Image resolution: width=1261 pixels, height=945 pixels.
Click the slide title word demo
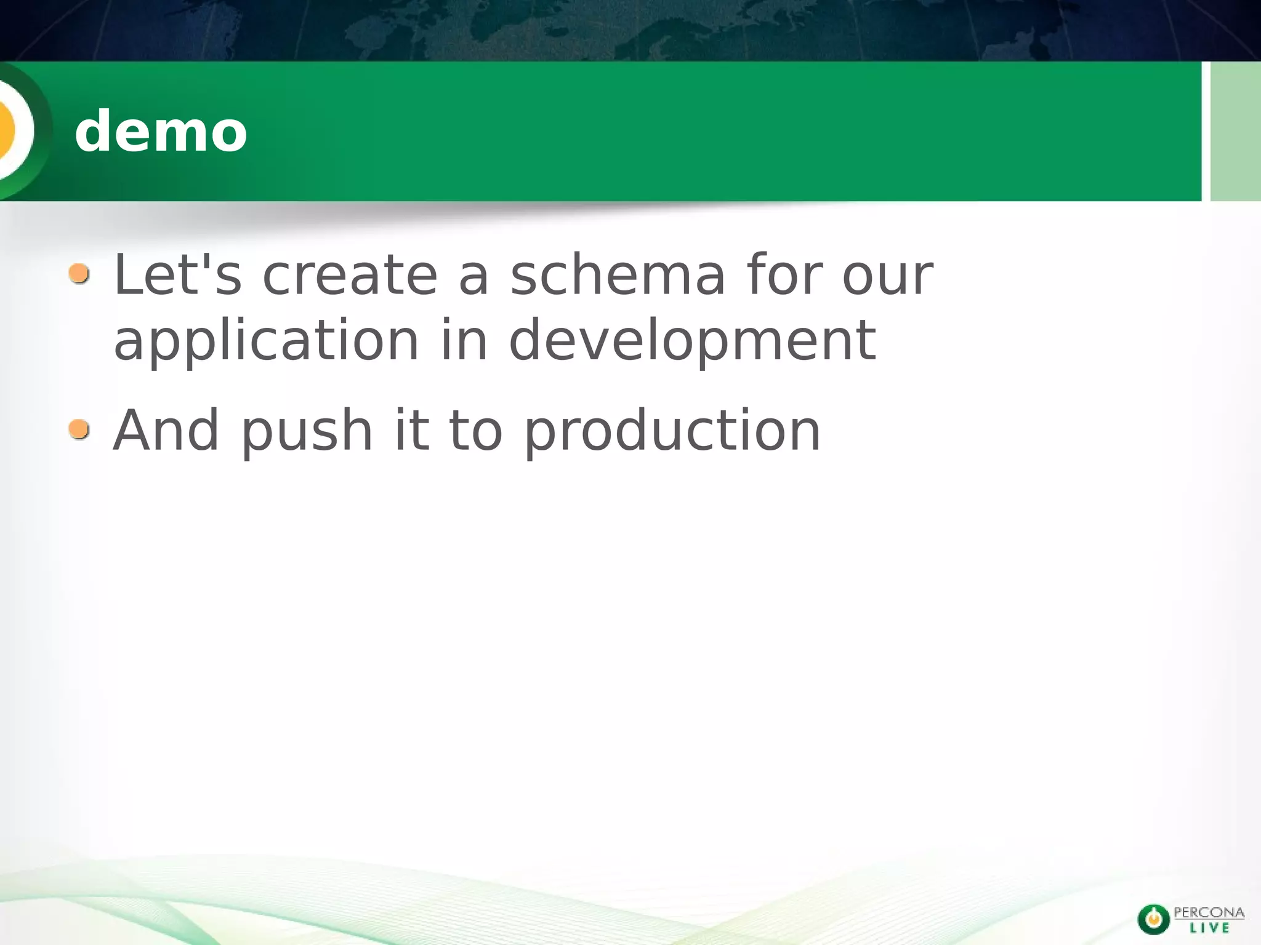(161, 131)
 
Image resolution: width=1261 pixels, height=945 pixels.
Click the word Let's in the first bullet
(177, 275)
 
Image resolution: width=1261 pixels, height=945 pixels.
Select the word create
(350, 275)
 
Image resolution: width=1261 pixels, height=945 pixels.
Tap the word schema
(618, 275)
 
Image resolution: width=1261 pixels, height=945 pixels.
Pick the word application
(266, 341)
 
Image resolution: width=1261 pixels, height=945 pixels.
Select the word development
(692, 341)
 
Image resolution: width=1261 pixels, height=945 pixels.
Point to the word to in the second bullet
(475, 431)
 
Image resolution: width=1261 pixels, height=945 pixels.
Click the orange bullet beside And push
(79, 429)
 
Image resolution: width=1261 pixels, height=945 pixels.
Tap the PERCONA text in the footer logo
(1209, 912)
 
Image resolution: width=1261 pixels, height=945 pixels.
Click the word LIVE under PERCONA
(1209, 928)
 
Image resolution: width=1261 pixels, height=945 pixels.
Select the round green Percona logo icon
(1153, 919)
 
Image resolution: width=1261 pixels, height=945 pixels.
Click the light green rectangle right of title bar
(1235, 131)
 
